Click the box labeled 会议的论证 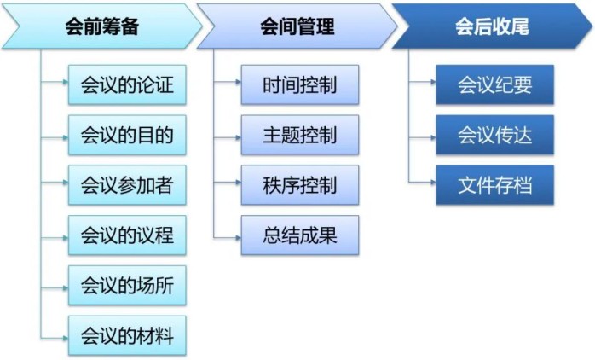(127, 85)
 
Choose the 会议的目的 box (127, 135)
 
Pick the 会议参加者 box (127, 184)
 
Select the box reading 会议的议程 (127, 235)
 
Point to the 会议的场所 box (127, 285)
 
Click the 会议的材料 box (127, 335)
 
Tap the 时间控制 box (299, 85)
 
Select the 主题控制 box (299, 135)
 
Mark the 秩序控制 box (299, 184)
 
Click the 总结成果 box (299, 235)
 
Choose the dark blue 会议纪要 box (494, 85)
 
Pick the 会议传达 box (494, 135)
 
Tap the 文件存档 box (494, 184)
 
